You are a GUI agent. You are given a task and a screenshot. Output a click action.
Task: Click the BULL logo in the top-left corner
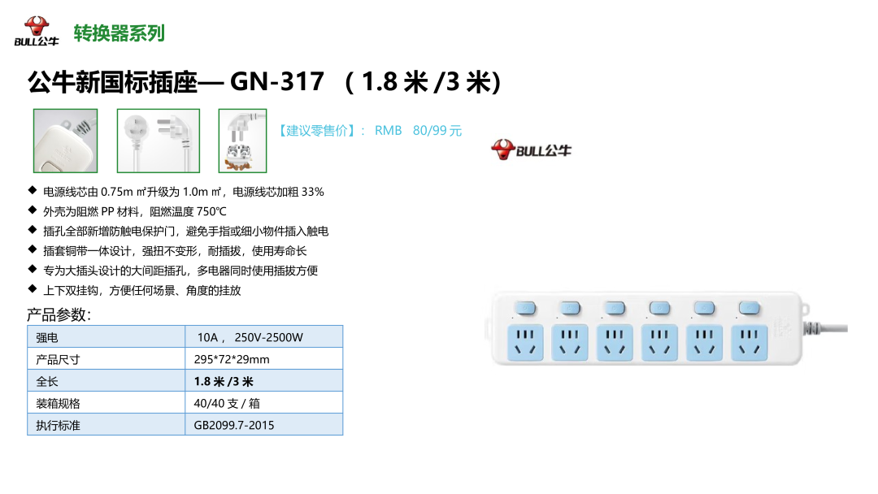[x=36, y=32]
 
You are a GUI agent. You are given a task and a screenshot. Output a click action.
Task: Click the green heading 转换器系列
[x=119, y=33]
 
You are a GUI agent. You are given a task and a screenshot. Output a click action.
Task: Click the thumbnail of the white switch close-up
[x=65, y=141]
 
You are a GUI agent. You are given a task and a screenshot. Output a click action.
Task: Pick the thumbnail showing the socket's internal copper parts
[x=242, y=141]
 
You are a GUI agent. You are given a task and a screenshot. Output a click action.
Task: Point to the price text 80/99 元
[x=437, y=130]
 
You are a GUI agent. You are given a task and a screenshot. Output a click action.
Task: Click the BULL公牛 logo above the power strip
[x=531, y=149]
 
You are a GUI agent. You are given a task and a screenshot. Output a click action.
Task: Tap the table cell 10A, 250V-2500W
[x=250, y=337]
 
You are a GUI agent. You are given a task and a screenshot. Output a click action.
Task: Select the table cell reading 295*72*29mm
[x=232, y=359]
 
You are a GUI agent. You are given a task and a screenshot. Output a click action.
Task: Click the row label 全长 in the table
[x=47, y=381]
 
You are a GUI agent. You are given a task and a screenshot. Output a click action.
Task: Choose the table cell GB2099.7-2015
[x=234, y=425]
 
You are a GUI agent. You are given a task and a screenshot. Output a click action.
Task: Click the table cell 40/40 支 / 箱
[x=227, y=403]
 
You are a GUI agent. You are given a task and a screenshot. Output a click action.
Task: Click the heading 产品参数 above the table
[x=59, y=314]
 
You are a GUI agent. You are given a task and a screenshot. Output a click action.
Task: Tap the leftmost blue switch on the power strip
[x=524, y=308]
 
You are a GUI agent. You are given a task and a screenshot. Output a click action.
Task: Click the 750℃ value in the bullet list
[x=211, y=211]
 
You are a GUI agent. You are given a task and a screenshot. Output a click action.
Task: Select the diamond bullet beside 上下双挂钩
[x=32, y=289]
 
